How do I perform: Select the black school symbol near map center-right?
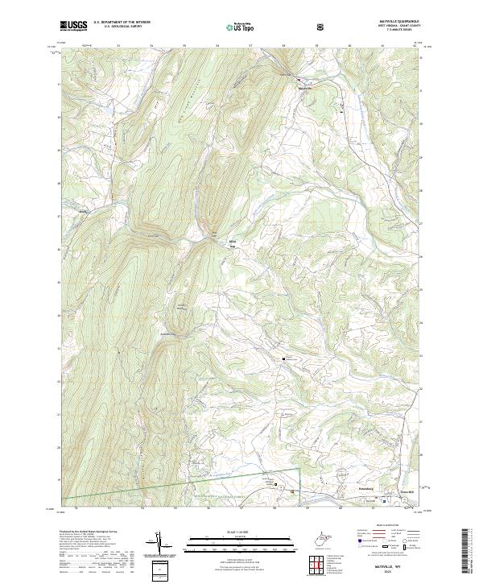click(x=283, y=358)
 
